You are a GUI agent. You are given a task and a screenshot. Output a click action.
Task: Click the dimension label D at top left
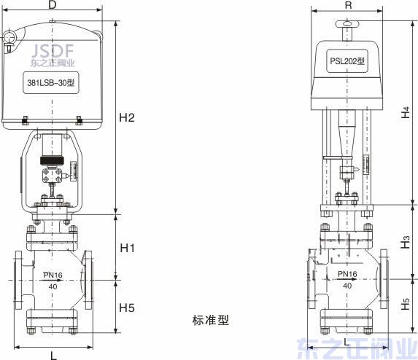coord(53,6)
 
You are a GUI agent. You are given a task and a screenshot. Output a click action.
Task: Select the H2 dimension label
coord(128,118)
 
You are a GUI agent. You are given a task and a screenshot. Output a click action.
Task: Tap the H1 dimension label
coord(128,249)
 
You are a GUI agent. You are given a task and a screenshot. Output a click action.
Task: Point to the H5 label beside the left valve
coord(128,308)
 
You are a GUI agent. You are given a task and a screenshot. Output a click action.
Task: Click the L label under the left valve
coord(54,355)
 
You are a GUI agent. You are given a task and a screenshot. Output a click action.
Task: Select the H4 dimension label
coord(406,113)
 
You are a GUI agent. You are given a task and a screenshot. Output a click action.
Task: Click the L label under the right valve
coord(347,341)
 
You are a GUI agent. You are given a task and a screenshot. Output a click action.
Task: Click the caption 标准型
coord(211,320)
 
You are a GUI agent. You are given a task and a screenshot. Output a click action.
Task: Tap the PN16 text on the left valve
coord(53,275)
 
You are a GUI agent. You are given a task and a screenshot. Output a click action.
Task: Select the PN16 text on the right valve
coord(347,275)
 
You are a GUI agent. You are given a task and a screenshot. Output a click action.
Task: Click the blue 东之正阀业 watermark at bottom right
coord(358,347)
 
